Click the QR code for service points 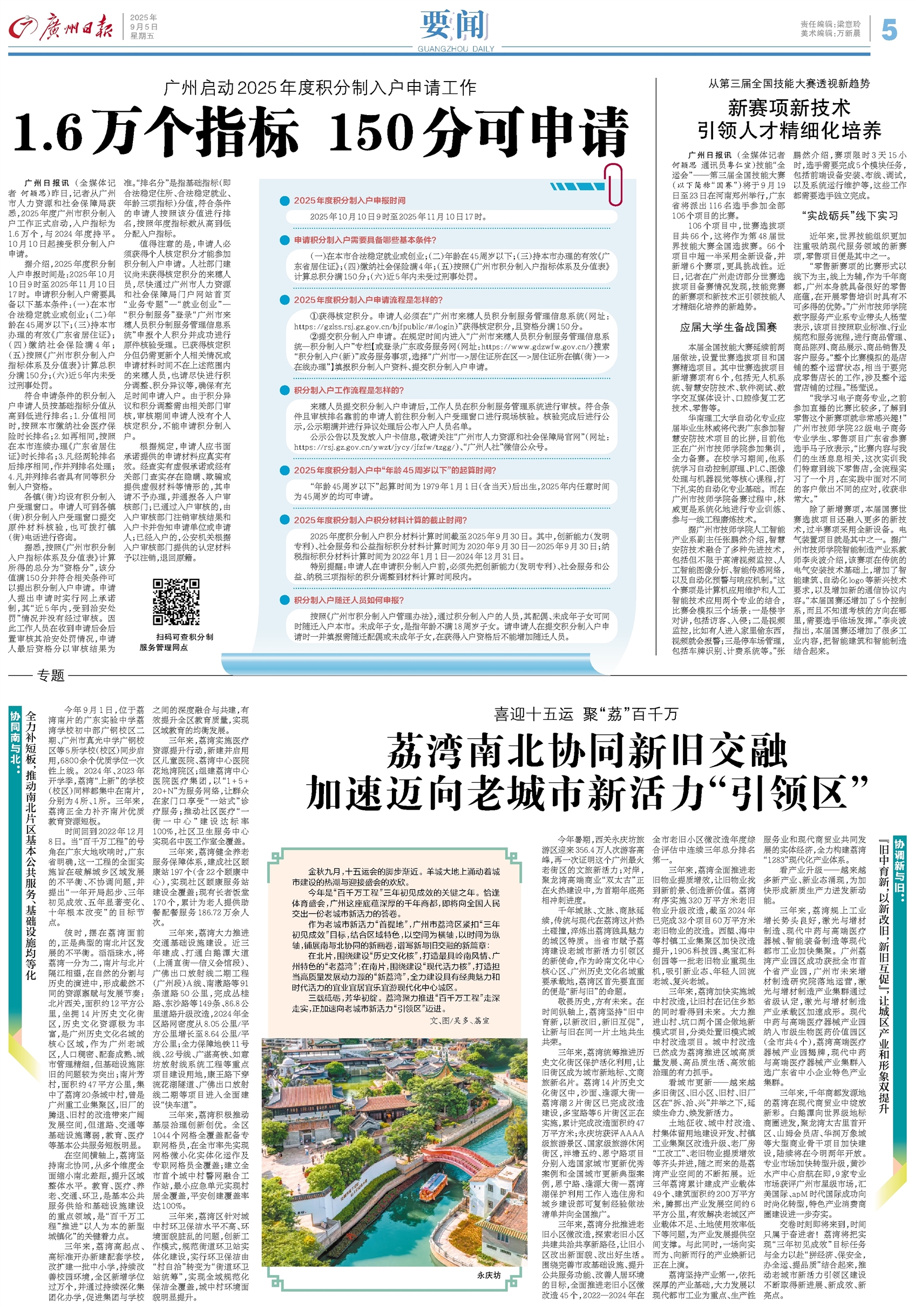coord(176,602)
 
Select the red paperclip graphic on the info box coord(615,185)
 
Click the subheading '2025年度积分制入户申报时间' coord(350,200)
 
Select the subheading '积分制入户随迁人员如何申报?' coord(349,600)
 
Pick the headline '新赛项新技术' coord(789,108)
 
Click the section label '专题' coord(51,675)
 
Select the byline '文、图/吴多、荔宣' coord(459,1020)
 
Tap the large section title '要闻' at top coord(456,25)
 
